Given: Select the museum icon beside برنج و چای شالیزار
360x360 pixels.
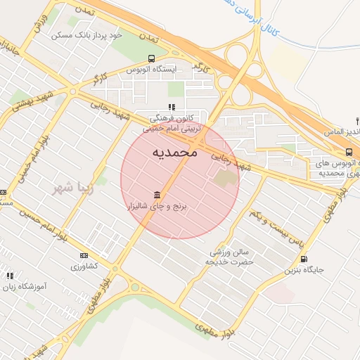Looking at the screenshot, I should coord(155,195).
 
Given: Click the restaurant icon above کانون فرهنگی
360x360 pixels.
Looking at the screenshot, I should coord(171,107).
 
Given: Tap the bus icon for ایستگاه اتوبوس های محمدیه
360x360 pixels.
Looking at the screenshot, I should coord(349,153).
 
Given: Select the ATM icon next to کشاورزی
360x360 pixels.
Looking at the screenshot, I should coord(84,255).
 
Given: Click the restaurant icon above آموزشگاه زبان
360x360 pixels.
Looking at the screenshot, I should coord(9,276).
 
